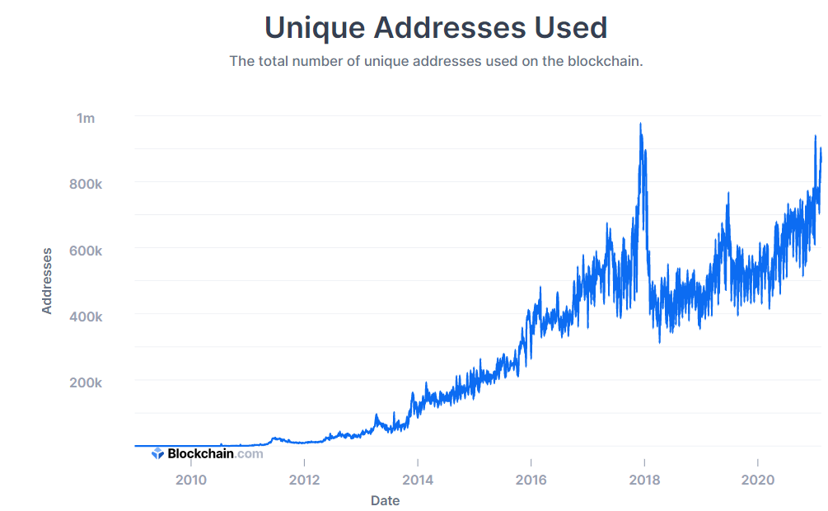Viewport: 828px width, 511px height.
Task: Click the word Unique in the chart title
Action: point(314,28)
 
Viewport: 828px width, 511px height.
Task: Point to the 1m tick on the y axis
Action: point(86,118)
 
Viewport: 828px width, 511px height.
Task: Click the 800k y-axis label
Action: point(85,184)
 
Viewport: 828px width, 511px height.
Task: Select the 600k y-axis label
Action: point(85,251)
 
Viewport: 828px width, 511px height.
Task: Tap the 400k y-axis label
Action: point(85,316)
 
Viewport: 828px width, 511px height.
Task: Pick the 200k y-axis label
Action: point(85,383)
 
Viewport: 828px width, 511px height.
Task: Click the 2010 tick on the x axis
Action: point(191,480)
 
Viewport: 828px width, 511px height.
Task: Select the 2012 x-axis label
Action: point(304,480)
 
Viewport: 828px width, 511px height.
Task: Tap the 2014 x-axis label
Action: point(418,480)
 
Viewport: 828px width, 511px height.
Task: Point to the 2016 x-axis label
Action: point(531,480)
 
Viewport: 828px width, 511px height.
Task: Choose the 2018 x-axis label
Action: point(644,480)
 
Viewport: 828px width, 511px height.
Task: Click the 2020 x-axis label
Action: point(757,480)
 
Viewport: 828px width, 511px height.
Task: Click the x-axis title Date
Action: point(385,499)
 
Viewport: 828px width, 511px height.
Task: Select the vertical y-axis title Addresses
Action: point(47,280)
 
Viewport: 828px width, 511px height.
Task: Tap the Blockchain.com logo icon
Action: point(157,453)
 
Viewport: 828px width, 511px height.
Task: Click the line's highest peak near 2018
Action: point(641,124)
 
